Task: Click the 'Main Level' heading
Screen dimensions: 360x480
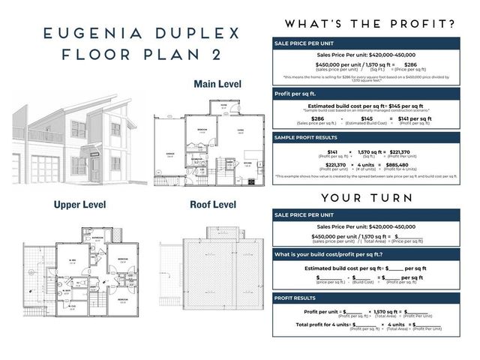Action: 217,83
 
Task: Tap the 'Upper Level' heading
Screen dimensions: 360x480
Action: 79,204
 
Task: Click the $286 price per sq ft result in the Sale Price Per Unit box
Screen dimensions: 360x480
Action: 410,65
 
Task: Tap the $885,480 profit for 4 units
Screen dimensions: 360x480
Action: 397,164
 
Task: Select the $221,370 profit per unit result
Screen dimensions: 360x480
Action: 409,151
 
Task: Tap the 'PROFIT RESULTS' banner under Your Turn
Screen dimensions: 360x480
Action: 295,298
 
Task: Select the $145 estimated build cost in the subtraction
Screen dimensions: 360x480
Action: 366,118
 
